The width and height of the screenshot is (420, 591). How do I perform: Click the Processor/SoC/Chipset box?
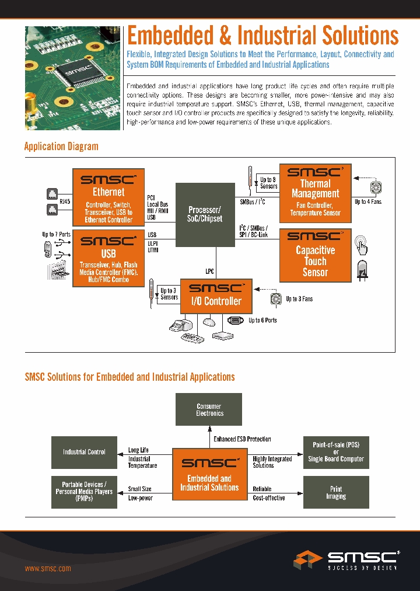205,214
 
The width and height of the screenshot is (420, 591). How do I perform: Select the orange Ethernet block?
108,197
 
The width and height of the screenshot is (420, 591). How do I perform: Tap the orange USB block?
108,258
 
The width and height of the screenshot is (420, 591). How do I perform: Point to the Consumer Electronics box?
209,409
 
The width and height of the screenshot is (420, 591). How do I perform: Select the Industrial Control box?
84,452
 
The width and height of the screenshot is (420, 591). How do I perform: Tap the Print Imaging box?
335,492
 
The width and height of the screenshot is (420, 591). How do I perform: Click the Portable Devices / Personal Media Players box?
84,492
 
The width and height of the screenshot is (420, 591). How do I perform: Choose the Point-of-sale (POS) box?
335,452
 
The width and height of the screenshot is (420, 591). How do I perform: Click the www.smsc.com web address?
48,568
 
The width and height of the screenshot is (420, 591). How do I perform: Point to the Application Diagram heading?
61,147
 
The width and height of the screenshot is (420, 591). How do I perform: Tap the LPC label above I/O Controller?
210,270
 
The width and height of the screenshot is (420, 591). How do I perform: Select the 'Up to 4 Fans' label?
368,202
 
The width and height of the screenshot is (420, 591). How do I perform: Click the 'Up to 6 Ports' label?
262,321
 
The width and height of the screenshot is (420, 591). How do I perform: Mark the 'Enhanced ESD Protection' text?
242,439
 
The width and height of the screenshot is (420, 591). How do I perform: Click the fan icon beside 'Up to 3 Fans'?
275,299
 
